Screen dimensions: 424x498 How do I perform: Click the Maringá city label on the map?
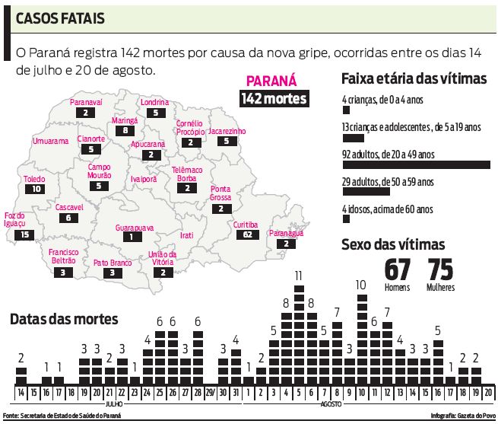coord(124,120)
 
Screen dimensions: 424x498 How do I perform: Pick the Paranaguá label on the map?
coord(286,234)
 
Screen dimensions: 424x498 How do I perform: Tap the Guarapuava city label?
coord(135,227)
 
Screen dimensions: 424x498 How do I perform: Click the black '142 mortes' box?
coord(274,99)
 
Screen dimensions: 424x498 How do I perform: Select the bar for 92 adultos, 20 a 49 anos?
coord(417,164)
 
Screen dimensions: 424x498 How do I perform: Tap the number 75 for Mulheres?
coord(440,269)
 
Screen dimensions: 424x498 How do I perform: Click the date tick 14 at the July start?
coord(21,394)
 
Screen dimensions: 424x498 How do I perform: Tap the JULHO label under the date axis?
coord(114,403)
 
